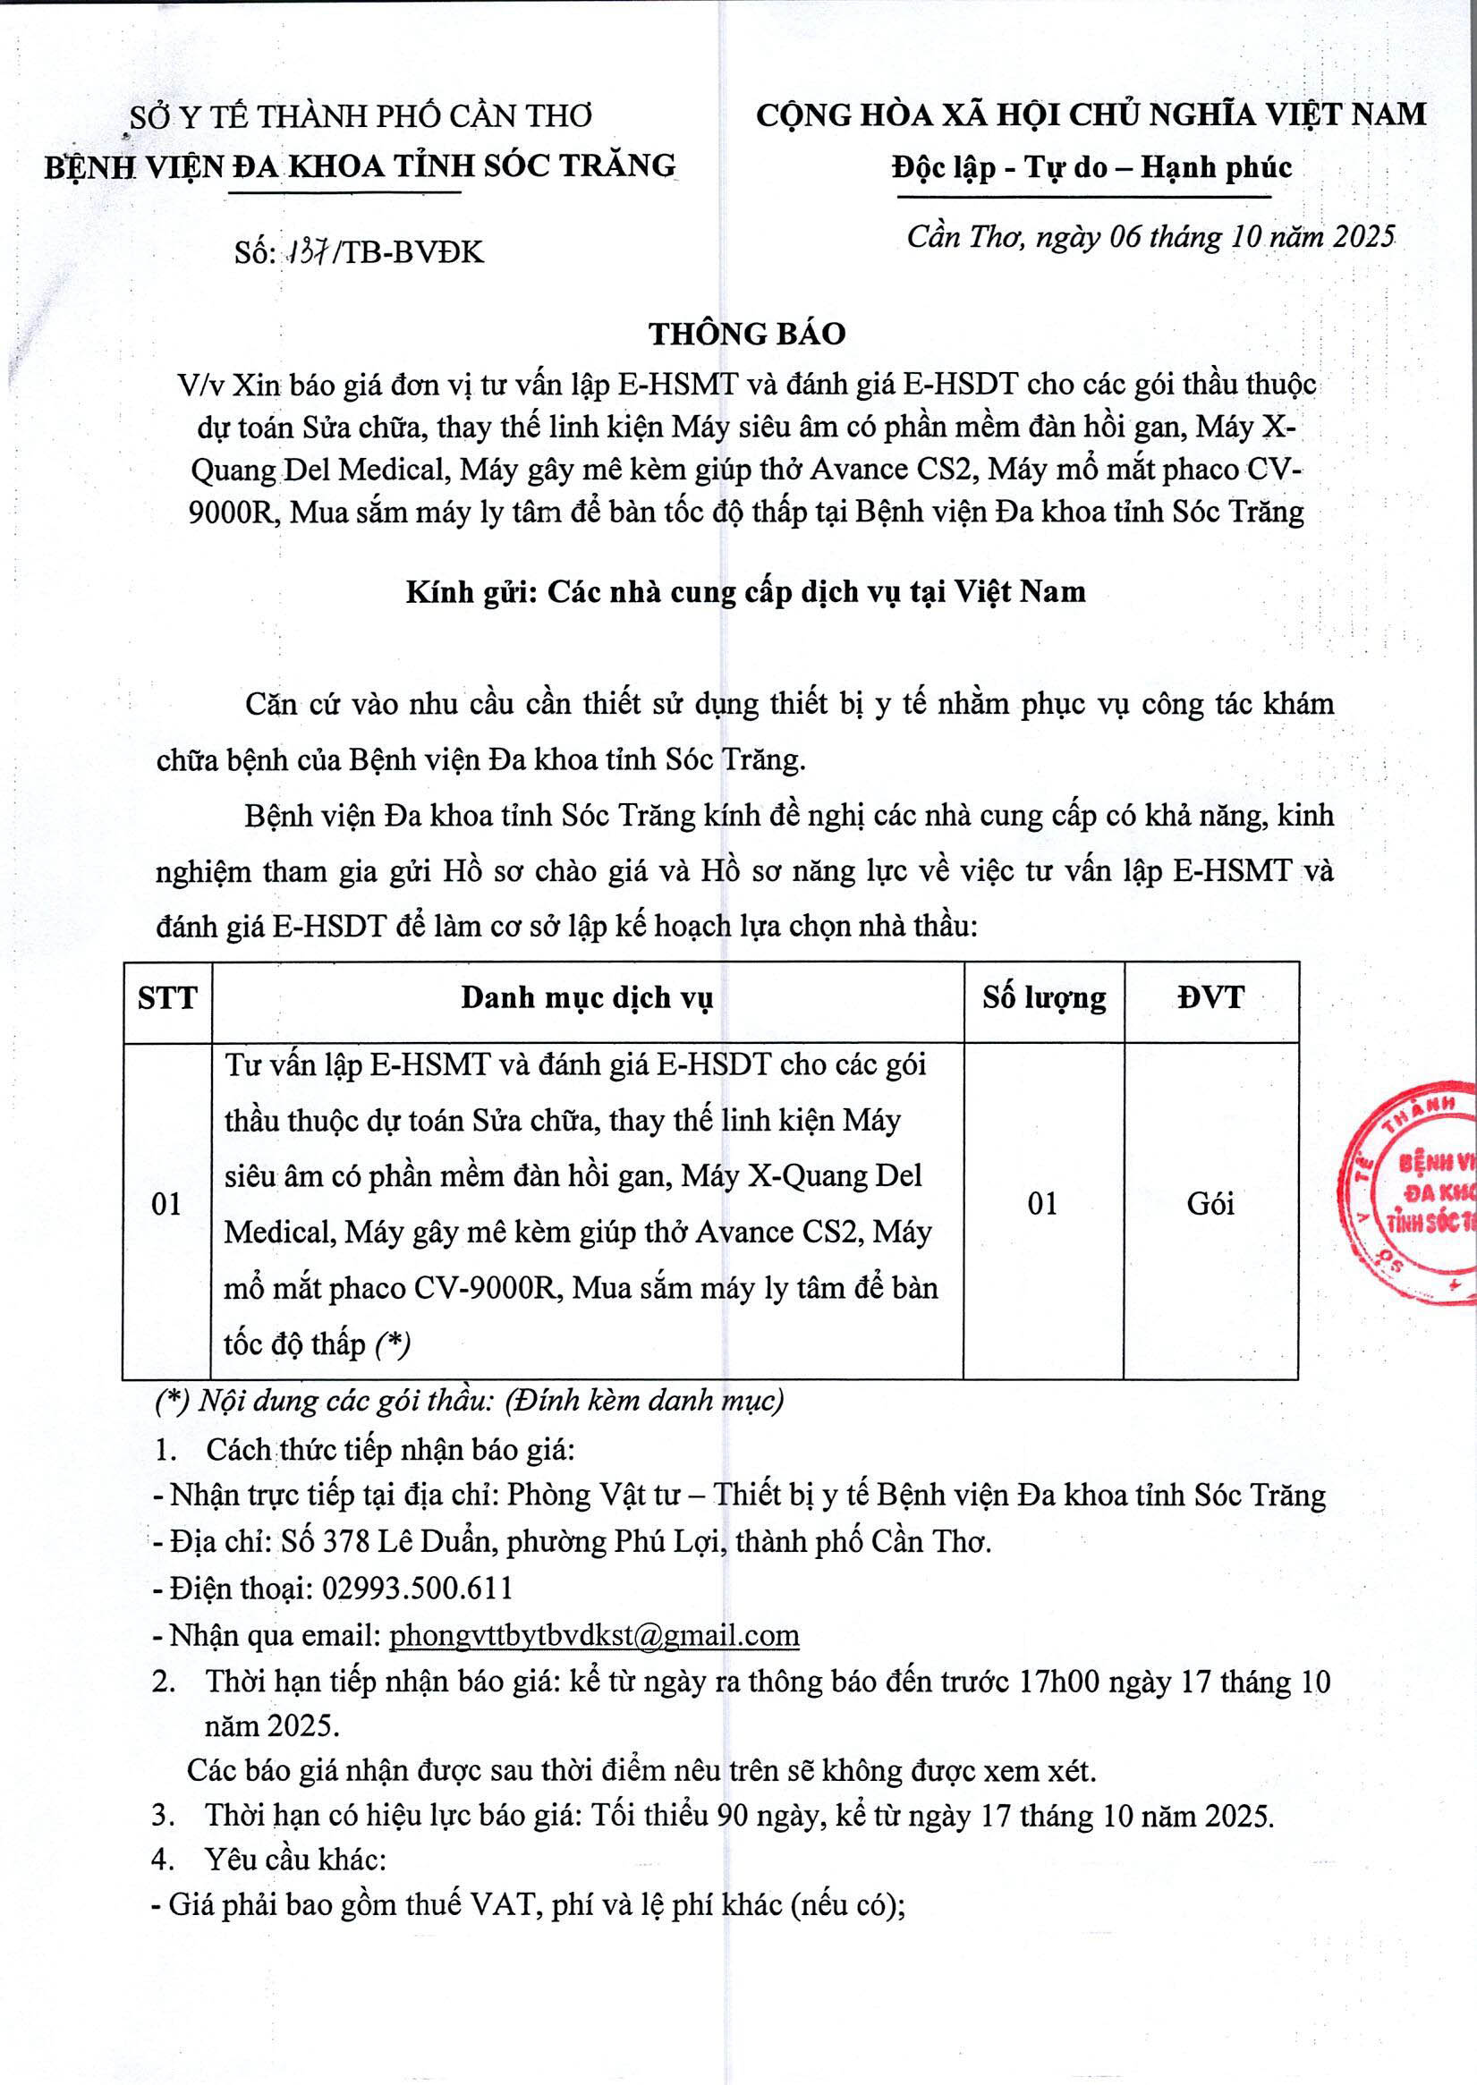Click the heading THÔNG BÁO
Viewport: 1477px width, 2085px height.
click(x=747, y=334)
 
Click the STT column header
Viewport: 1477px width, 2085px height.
click(x=167, y=997)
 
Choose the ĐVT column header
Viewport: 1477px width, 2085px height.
click(x=1210, y=997)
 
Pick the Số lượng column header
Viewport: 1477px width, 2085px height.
click(x=1043, y=997)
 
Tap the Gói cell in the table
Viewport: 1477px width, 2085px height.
click(x=1210, y=1204)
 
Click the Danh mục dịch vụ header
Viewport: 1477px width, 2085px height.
click(x=587, y=997)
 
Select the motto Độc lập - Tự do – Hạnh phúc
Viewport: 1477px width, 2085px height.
click(x=1091, y=168)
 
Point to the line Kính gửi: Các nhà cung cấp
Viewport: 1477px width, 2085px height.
click(x=746, y=592)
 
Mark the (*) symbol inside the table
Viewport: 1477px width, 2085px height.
click(x=393, y=1343)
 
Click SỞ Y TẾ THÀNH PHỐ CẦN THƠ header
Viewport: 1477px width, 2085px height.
click(x=361, y=116)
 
